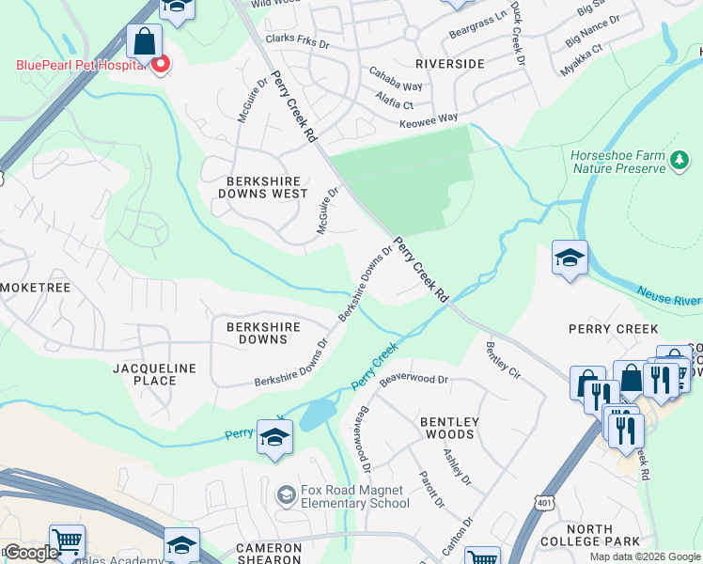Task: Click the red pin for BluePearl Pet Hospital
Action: point(160,65)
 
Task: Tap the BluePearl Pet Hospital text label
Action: point(81,65)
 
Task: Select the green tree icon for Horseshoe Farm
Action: point(680,162)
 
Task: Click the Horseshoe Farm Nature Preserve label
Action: point(617,162)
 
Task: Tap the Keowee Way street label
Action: point(429,118)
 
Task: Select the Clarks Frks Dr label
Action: point(298,42)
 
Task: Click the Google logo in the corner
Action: point(31,552)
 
